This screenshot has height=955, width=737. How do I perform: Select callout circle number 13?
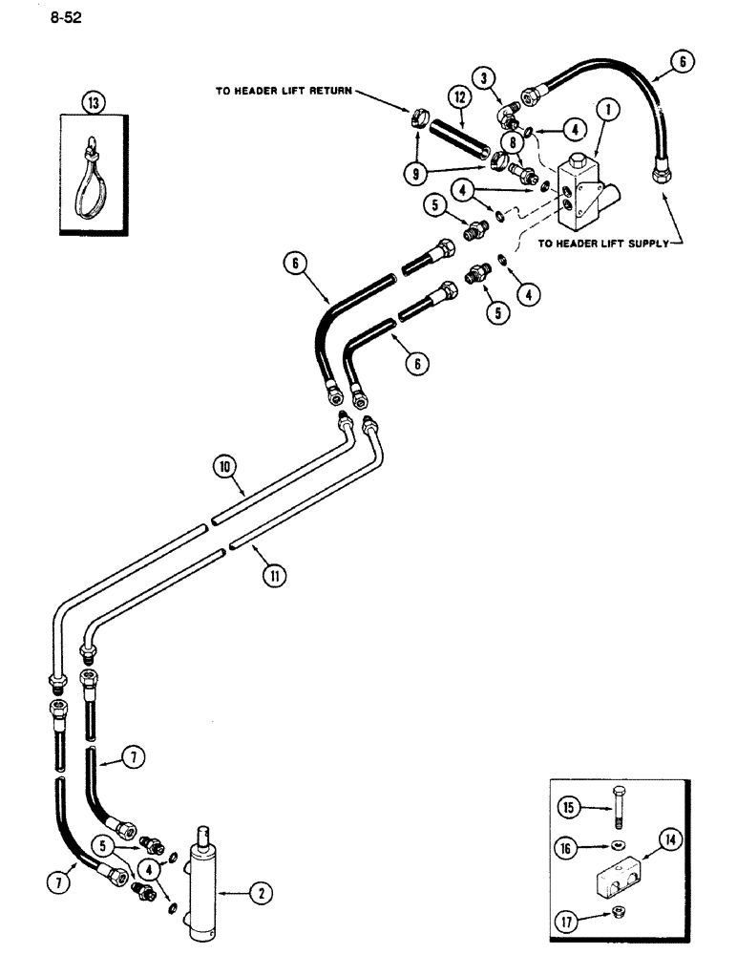(95, 102)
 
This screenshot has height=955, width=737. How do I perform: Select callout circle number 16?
(571, 844)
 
